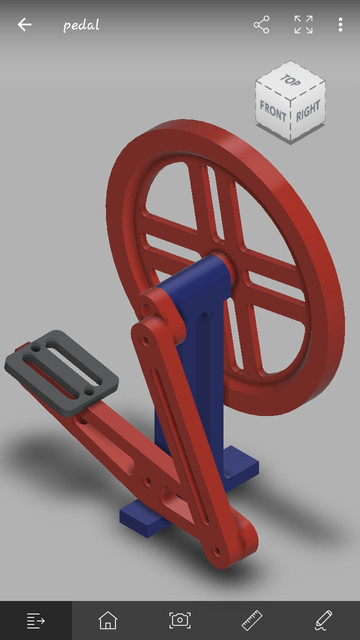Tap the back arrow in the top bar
[x=24, y=25]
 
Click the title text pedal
[x=81, y=25]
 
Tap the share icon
[x=262, y=25]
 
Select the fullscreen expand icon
[x=303, y=25]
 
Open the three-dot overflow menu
[x=340, y=25]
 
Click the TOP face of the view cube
[x=290, y=79]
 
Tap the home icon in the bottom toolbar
[x=108, y=620]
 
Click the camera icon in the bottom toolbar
[x=180, y=620]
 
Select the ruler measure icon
[x=252, y=620]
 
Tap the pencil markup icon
[x=323, y=620]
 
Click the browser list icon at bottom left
[x=36, y=620]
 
